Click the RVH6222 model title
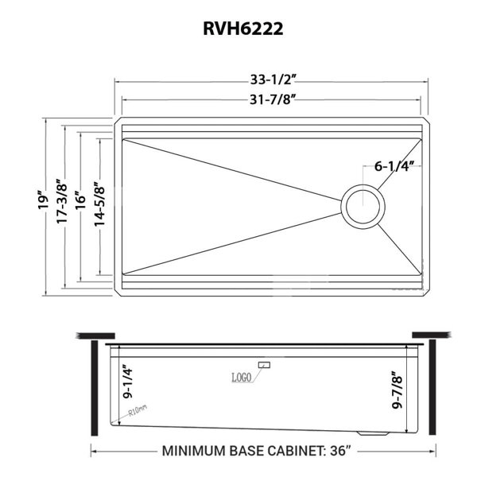click(x=243, y=29)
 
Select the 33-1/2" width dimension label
click(x=273, y=79)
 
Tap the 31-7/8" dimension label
click(x=273, y=99)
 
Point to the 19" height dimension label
click(x=44, y=200)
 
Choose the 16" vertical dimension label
click(x=80, y=200)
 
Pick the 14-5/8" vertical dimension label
click(x=99, y=204)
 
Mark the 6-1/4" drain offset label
click(x=394, y=166)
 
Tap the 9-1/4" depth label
click(x=128, y=383)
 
